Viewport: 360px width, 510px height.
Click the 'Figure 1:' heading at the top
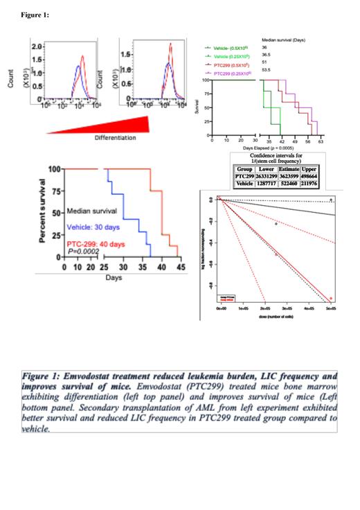pyautogui.click(x=35, y=15)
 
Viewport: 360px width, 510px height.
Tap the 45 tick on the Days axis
pyautogui.click(x=177, y=267)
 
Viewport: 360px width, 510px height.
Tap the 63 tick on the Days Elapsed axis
pyautogui.click(x=321, y=140)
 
